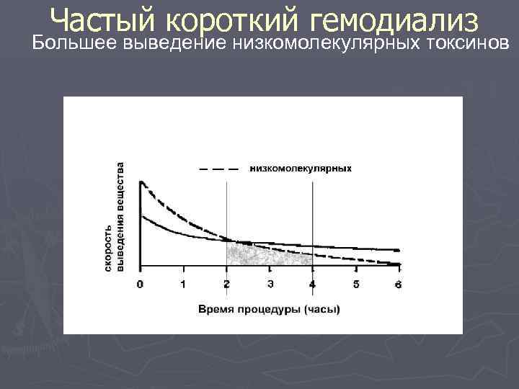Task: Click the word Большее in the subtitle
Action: pos(76,43)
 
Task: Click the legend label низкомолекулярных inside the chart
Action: pos(301,169)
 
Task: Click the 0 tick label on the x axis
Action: pos(140,284)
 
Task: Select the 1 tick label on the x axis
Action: pos(183,284)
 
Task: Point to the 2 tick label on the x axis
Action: pos(226,284)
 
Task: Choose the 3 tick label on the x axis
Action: pos(270,284)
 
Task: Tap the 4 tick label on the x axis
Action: pos(312,284)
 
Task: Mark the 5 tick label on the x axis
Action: pos(356,284)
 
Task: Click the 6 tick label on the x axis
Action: pos(399,284)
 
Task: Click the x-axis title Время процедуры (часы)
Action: pos(270,309)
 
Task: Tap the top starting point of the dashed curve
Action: pos(142,182)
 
